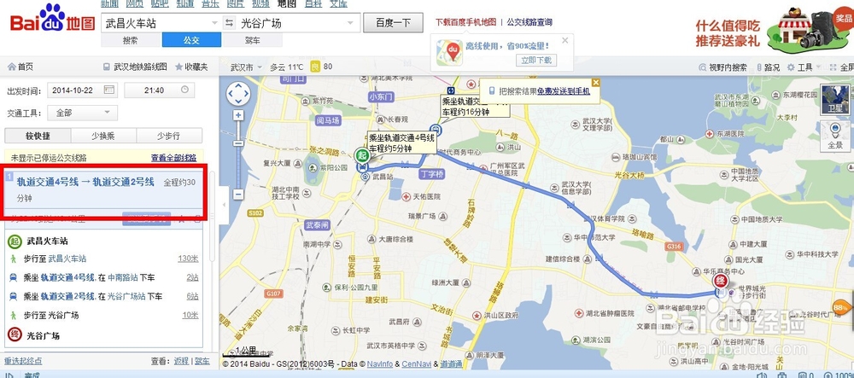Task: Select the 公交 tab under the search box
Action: pos(191,40)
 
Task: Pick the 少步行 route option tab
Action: pos(169,136)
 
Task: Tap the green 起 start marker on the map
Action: pos(362,155)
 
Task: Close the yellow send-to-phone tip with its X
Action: pos(595,83)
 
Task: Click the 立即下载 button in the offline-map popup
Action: pos(537,61)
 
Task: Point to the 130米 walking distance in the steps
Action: pos(188,259)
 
